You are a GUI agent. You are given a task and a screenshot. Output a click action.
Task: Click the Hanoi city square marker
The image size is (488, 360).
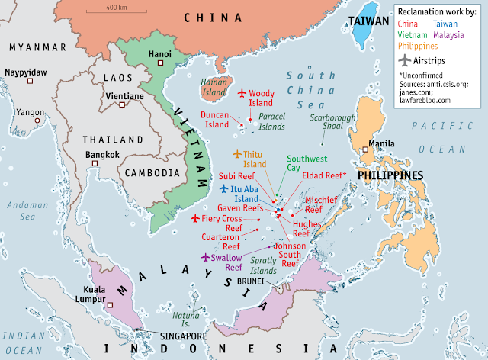coord(160,63)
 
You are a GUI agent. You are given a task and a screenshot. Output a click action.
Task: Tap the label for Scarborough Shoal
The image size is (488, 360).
coord(333,123)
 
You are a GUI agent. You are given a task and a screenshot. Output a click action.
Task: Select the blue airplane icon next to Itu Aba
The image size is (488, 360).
coord(223,188)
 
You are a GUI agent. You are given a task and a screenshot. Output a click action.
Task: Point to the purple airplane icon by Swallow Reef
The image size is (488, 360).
coord(204,258)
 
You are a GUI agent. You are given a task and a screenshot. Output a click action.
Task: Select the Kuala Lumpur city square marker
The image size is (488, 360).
coord(111,304)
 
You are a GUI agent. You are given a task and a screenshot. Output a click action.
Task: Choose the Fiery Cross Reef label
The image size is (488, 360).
coord(222,223)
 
